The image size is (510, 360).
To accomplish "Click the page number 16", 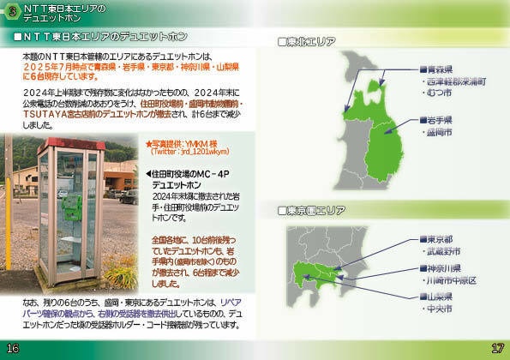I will click(x=11, y=348).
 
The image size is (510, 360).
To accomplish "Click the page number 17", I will click(x=498, y=348).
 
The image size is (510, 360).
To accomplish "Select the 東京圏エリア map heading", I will click(x=315, y=210).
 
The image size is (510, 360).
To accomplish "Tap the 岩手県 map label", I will click(x=439, y=120).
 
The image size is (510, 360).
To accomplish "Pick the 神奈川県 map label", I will click(x=443, y=267).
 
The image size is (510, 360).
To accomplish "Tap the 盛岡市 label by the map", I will click(x=442, y=134).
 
